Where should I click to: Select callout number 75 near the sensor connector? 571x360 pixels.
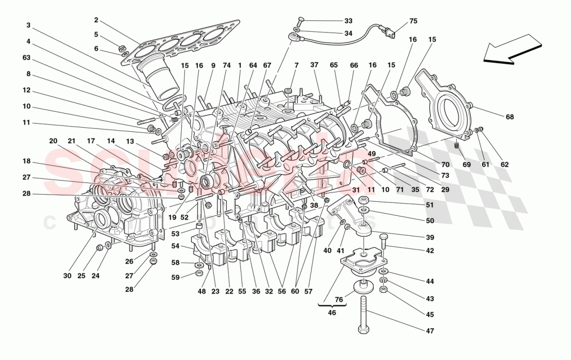pos(413,21)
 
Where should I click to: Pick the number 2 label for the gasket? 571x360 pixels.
pos(96,20)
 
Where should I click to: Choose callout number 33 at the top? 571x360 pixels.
pos(348,21)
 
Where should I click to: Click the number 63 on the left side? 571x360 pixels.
pos(26,58)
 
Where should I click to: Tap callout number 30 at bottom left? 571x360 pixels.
pos(67,276)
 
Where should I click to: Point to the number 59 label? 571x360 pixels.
pos(175,278)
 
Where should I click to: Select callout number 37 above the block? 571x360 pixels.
pos(314,65)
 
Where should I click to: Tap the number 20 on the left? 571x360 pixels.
pos(53,141)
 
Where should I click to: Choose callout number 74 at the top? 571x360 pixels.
pos(226,65)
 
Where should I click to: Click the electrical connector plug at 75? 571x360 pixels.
pos(389,36)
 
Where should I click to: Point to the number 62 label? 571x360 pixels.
pos(505,164)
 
